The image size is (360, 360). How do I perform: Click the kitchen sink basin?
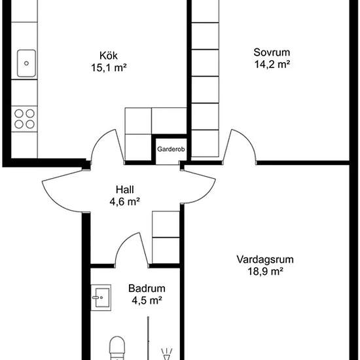[26, 63]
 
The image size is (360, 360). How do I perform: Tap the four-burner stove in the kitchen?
[24, 119]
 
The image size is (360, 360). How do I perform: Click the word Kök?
[109, 56]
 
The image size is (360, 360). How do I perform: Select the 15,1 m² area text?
[109, 67]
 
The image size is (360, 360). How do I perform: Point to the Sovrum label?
[272, 52]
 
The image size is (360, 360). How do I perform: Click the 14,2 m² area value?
[272, 65]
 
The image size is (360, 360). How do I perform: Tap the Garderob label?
[171, 149]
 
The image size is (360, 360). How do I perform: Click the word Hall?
[124, 190]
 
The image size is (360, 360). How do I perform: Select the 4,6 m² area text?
[124, 202]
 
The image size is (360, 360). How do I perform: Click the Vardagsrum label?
[265, 259]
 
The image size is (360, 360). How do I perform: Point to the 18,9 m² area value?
[265, 272]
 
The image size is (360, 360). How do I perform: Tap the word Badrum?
[147, 289]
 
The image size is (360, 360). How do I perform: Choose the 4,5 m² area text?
[147, 300]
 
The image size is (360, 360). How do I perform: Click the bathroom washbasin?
[101, 298]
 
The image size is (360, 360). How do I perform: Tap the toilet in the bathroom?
[117, 348]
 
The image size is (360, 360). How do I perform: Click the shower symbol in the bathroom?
[167, 354]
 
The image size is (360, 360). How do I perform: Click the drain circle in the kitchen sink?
[26, 63]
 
